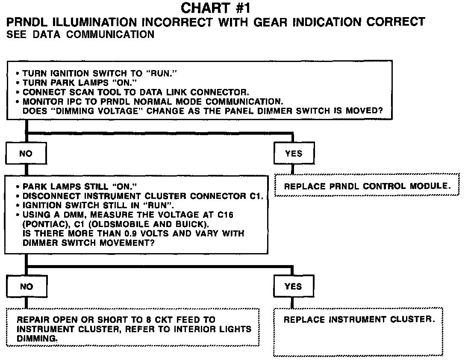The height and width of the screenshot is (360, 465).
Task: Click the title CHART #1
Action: tap(215, 8)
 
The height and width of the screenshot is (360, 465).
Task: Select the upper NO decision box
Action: tap(26, 153)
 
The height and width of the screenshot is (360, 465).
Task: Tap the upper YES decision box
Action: tap(294, 153)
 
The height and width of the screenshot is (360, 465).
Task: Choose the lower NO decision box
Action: tap(26, 286)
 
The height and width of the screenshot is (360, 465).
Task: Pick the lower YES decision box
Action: tap(293, 286)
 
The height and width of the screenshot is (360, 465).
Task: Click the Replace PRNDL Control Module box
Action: tap(367, 186)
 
